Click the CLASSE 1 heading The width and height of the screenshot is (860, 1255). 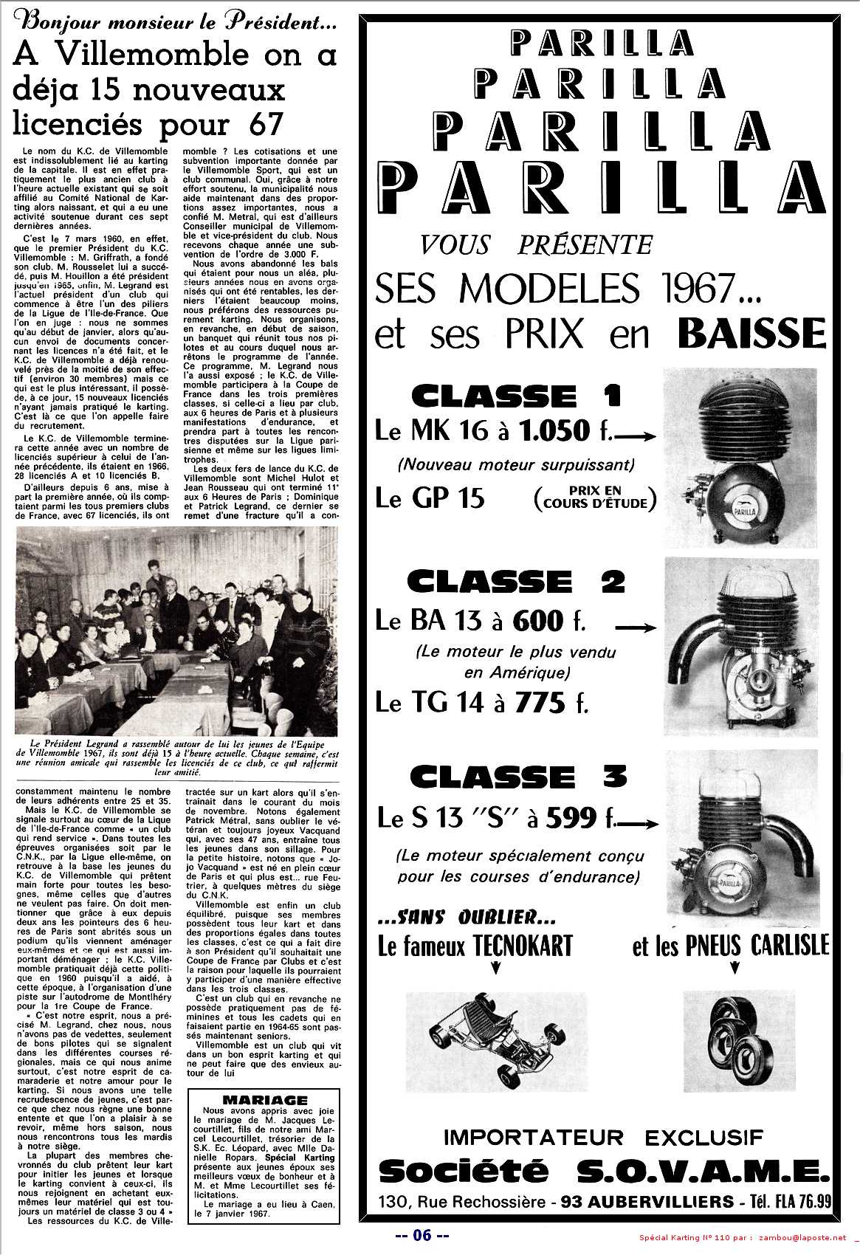click(515, 397)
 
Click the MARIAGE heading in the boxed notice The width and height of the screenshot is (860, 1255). click(264, 1100)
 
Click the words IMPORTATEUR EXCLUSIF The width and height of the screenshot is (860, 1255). click(604, 1138)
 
